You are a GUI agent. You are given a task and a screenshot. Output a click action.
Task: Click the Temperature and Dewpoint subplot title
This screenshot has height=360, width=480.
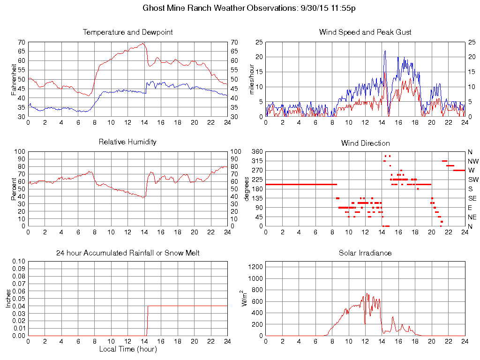tap(127, 32)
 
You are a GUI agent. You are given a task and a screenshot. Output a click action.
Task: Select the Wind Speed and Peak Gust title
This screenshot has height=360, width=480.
tap(365, 32)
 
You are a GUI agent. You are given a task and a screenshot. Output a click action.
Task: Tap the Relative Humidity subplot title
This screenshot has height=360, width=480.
tap(127, 142)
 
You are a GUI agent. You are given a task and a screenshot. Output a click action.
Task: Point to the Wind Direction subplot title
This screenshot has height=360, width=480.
tap(365, 143)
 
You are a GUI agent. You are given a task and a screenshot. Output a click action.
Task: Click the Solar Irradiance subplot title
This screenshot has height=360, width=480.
tap(365, 253)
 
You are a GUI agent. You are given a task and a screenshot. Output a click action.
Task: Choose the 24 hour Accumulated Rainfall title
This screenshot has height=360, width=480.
tap(127, 253)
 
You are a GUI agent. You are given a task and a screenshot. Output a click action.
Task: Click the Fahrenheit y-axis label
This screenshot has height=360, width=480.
tap(14, 79)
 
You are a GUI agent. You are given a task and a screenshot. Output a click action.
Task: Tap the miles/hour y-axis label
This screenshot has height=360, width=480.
tap(251, 79)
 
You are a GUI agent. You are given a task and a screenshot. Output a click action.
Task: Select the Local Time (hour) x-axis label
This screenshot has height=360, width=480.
tap(127, 349)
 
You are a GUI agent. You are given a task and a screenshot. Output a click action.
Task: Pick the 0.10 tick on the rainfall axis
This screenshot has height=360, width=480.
tap(18, 261)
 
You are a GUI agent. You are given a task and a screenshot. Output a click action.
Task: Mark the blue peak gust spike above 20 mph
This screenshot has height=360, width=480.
tap(385, 52)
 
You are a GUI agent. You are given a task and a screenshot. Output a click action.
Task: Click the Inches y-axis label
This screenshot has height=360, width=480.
tap(8, 298)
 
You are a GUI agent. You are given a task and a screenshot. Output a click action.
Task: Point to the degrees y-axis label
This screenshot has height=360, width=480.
tap(247, 189)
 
